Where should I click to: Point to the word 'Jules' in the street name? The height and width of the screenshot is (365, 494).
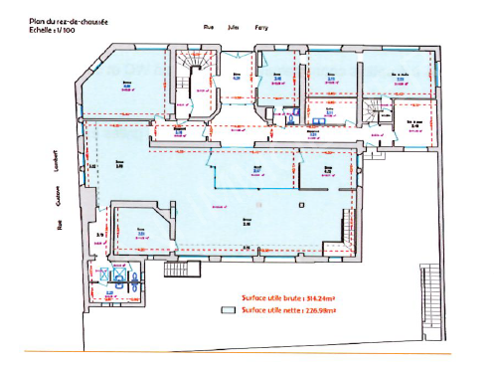click(x=235, y=29)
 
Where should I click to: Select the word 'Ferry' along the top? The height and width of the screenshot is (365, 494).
click(x=262, y=29)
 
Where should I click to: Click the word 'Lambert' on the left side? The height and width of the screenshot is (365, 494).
click(x=58, y=165)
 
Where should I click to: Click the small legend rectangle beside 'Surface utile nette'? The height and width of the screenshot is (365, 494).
click(x=227, y=310)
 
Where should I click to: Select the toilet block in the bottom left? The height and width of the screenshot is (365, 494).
click(x=120, y=279)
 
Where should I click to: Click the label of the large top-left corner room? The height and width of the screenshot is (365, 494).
click(x=126, y=87)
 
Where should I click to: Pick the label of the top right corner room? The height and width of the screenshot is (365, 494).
click(x=401, y=76)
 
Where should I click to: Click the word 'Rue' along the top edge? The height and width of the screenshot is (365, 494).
click(x=209, y=29)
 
